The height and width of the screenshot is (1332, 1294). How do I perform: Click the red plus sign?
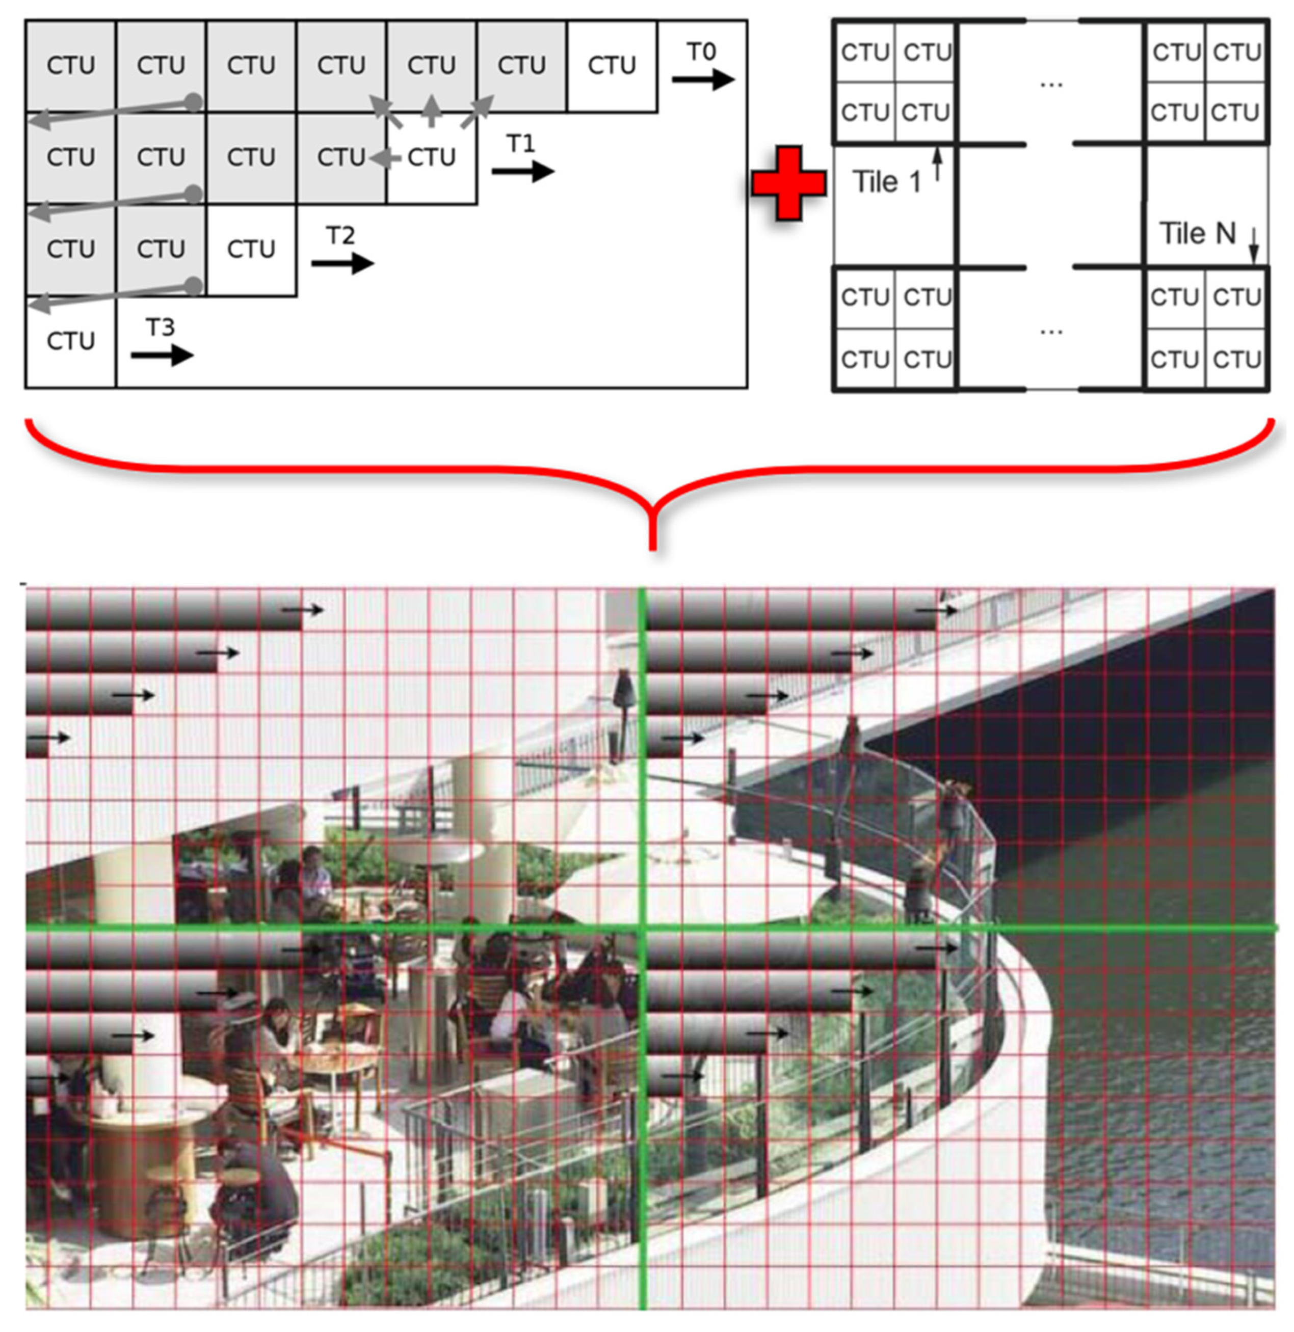tap(789, 183)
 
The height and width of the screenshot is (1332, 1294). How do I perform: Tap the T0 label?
tap(701, 51)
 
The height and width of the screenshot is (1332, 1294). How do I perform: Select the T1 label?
tap(521, 144)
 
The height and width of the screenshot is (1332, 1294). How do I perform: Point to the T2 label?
tap(340, 236)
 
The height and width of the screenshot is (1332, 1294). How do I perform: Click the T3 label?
tap(161, 328)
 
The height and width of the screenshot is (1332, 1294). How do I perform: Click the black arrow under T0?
tap(703, 79)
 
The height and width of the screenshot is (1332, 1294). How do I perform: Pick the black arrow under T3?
tap(162, 355)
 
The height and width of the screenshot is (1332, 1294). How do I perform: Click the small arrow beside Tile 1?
tap(938, 165)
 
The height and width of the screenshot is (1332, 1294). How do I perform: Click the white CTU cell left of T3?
tap(71, 341)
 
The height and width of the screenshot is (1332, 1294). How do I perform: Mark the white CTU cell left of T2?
tap(251, 250)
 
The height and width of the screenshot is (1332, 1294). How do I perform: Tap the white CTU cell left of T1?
tap(431, 158)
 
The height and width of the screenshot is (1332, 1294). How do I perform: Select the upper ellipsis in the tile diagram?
tap(1051, 84)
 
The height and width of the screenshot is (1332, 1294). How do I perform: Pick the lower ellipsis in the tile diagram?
tap(1051, 332)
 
